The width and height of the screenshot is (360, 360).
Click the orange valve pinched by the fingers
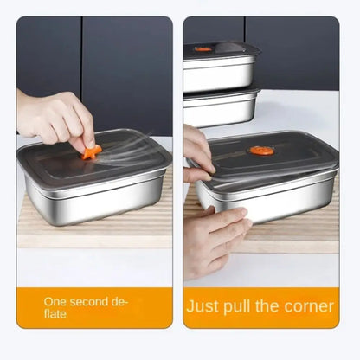pyautogui.click(x=91, y=151)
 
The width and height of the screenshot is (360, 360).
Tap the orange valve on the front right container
pyautogui.click(x=261, y=151)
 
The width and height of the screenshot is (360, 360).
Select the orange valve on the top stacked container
pyautogui.click(x=202, y=49)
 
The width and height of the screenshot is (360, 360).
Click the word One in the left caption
pyautogui.click(x=55, y=301)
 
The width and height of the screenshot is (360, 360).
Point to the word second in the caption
pyautogui.click(x=90, y=301)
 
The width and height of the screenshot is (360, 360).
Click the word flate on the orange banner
pyautogui.click(x=56, y=313)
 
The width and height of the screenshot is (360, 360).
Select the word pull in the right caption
pyautogui.click(x=251, y=306)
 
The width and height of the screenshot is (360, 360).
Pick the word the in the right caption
pyautogui.click(x=279, y=306)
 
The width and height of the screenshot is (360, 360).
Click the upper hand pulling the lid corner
pyautogui.click(x=197, y=154)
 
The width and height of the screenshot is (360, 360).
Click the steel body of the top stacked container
pyautogui.click(x=221, y=74)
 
